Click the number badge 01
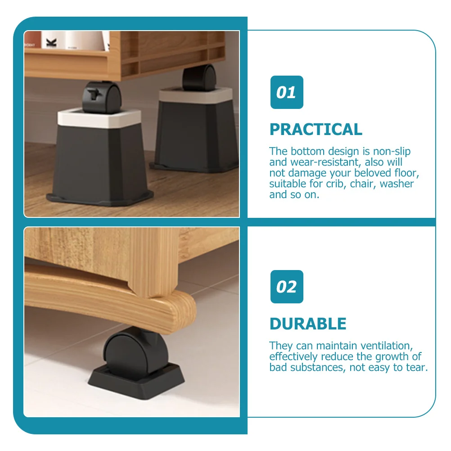click(287, 92)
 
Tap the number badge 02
click(287, 287)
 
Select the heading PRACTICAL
click(316, 130)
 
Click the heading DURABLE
click(308, 324)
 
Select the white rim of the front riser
click(90, 118)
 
